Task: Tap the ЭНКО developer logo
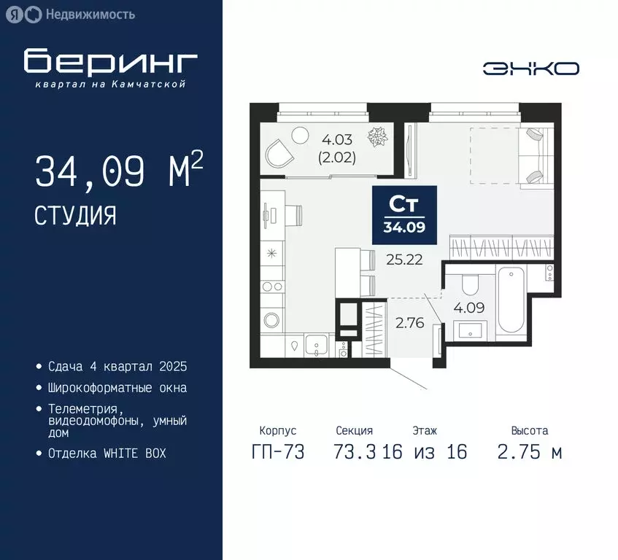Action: [x=530, y=69]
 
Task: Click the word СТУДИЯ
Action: [x=74, y=215]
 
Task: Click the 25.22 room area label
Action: [x=404, y=258]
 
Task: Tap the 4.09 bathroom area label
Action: [x=468, y=307]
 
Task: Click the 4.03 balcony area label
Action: [x=337, y=136]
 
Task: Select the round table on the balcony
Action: [x=300, y=136]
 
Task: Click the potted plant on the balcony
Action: [x=377, y=136]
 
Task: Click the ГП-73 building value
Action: [x=277, y=451]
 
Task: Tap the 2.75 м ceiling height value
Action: [x=529, y=451]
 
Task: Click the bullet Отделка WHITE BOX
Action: [x=107, y=453]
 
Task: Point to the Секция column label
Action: [x=354, y=431]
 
